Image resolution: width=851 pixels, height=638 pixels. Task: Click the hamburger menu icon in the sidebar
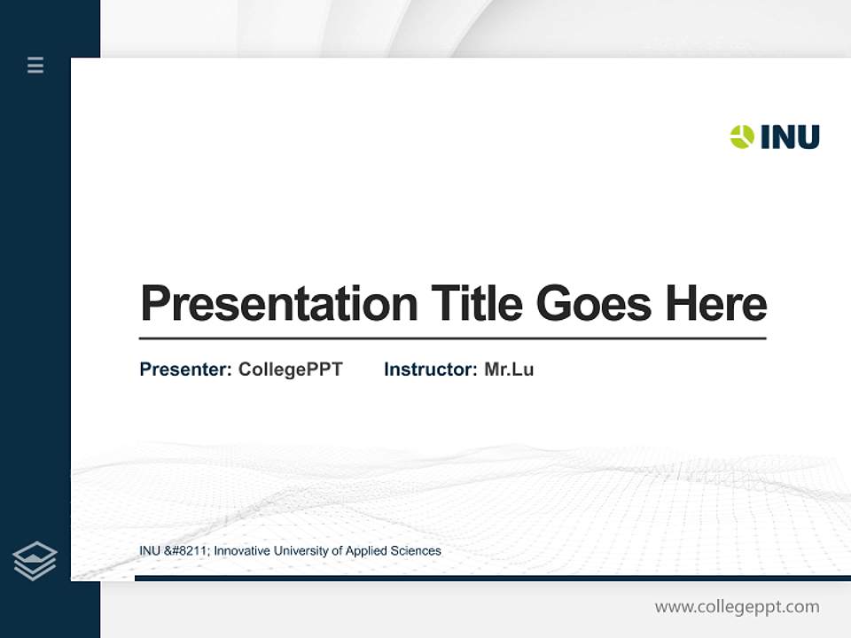(x=35, y=65)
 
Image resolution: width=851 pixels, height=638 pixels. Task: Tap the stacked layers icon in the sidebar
(x=35, y=561)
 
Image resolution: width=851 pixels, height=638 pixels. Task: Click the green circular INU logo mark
(x=742, y=136)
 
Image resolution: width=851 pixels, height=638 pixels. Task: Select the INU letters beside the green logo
(x=790, y=136)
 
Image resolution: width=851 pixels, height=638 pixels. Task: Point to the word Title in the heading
(x=477, y=304)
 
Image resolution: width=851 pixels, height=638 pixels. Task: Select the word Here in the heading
(x=716, y=304)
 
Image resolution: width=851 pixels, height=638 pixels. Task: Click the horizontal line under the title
(x=452, y=338)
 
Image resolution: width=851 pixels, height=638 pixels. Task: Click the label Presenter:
(x=185, y=370)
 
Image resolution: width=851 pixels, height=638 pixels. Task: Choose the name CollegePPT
(x=290, y=370)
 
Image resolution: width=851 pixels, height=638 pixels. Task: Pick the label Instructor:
(x=430, y=370)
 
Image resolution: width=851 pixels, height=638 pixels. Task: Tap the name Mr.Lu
(x=509, y=370)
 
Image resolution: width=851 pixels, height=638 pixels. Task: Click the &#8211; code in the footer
(x=187, y=551)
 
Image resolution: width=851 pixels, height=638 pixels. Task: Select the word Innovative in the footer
(x=242, y=551)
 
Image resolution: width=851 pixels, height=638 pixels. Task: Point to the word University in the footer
(x=301, y=551)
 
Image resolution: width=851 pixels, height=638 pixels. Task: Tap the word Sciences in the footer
(x=416, y=551)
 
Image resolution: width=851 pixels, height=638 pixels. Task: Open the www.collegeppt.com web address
(x=737, y=607)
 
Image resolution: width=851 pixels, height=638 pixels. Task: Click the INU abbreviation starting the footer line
(x=150, y=551)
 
